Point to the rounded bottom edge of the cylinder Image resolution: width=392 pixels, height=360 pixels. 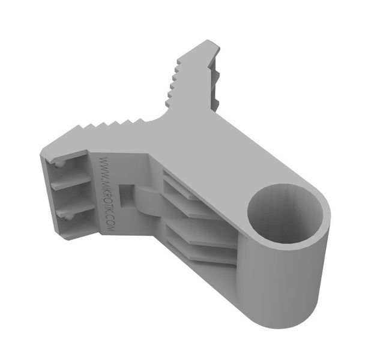point(288,321)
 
